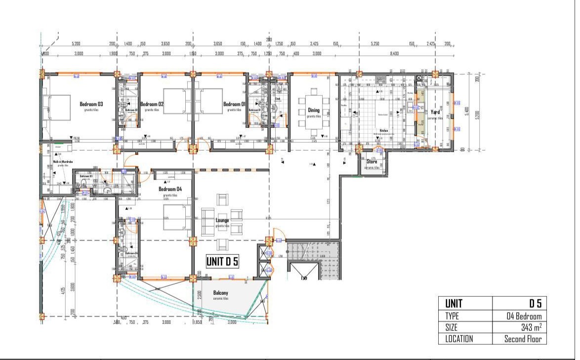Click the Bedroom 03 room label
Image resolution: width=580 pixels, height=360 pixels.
pos(91,104)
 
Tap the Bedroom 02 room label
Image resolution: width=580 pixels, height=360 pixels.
pos(152,104)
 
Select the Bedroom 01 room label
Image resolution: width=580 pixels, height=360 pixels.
pos(234,104)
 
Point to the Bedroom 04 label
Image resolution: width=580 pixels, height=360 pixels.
pos(170,189)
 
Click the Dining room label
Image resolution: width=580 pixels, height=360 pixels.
pos(314,111)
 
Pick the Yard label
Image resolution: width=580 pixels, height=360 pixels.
pos(435,112)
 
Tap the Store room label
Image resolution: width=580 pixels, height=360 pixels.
pos(372,161)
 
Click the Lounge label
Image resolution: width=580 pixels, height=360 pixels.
pos(222,220)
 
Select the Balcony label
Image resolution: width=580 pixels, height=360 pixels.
pos(220,292)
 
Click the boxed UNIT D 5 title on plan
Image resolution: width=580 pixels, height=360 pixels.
pos(222,262)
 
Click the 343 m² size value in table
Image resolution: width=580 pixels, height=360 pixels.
pos(531,327)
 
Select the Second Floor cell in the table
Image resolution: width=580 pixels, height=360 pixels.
pos(523,339)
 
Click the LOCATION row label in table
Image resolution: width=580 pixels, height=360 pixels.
pos(459,339)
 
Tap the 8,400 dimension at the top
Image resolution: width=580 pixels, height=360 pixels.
pos(394,53)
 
